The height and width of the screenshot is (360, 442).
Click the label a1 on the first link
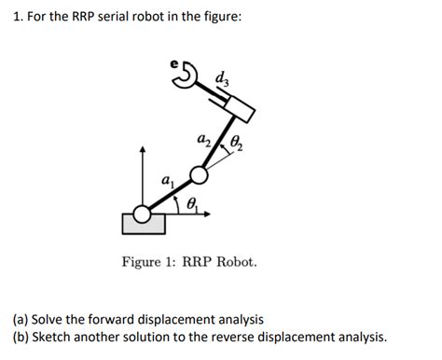pyautogui.click(x=167, y=181)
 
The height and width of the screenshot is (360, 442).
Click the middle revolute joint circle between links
pyautogui.click(x=199, y=174)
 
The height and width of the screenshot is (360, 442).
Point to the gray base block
pyautogui.click(x=144, y=224)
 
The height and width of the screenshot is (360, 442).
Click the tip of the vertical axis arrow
pyautogui.click(x=143, y=147)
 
